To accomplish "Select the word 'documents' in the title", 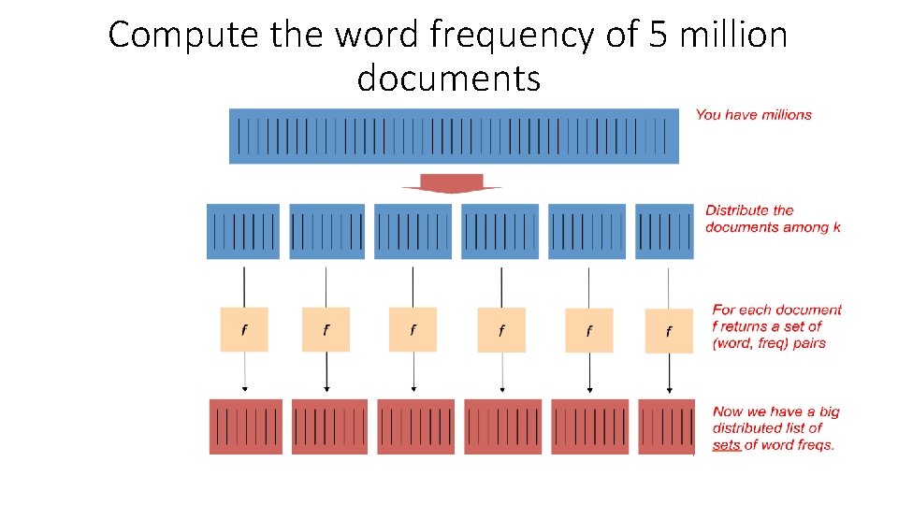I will [449, 78].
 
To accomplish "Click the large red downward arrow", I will [452, 182].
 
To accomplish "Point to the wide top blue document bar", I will [454, 137].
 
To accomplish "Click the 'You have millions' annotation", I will [754, 115].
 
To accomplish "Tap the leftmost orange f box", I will [244, 329].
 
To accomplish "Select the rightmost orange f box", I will [669, 331].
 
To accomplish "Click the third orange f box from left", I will [413, 329].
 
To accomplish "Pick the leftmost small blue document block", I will [243, 231].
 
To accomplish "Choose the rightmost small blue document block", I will [664, 231].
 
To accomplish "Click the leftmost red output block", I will [245, 426].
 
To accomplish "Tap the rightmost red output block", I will [666, 426].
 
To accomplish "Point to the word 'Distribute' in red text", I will [736, 210].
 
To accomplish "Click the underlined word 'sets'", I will [726, 445].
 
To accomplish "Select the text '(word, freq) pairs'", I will [769, 343].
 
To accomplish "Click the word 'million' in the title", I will [728, 36].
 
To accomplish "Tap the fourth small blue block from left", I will [500, 231].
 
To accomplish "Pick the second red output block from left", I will [329, 426].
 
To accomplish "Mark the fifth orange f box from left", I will [589, 330].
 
